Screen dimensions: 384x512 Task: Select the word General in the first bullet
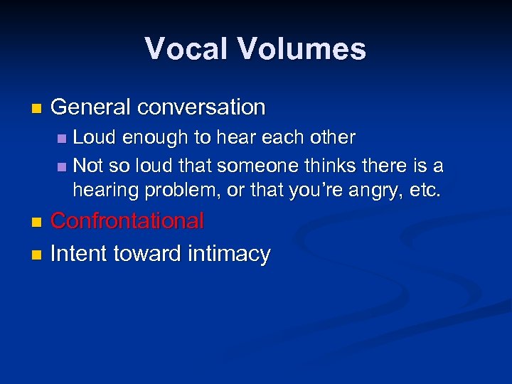[91, 107]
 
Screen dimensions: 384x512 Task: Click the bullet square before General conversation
[37, 109]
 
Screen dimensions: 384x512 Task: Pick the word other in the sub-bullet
[334, 137]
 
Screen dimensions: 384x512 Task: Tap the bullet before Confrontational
[37, 223]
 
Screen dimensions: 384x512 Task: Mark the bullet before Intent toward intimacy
[37, 255]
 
